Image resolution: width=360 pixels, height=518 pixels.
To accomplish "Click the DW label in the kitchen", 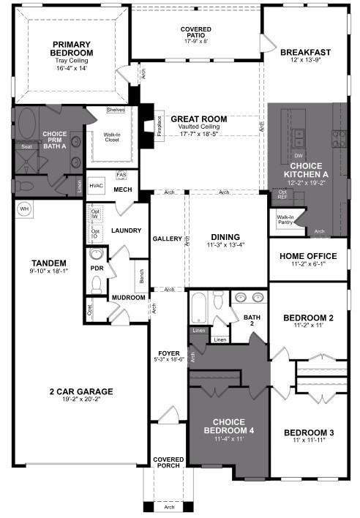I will coord(298,156).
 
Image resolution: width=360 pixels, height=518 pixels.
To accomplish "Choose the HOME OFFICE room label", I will coord(308,256).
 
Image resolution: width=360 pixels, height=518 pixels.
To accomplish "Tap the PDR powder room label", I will coord(96,268).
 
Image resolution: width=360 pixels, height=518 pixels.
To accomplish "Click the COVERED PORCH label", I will coord(168,463).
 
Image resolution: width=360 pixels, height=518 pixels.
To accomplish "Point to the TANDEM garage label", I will coord(49,263).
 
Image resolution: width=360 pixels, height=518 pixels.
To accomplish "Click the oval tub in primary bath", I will coord(29,121).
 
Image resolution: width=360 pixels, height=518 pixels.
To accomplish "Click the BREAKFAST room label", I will coord(305,53).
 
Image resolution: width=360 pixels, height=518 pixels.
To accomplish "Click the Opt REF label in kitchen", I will coord(282,195).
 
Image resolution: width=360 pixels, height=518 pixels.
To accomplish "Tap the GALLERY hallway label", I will coord(167,239).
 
